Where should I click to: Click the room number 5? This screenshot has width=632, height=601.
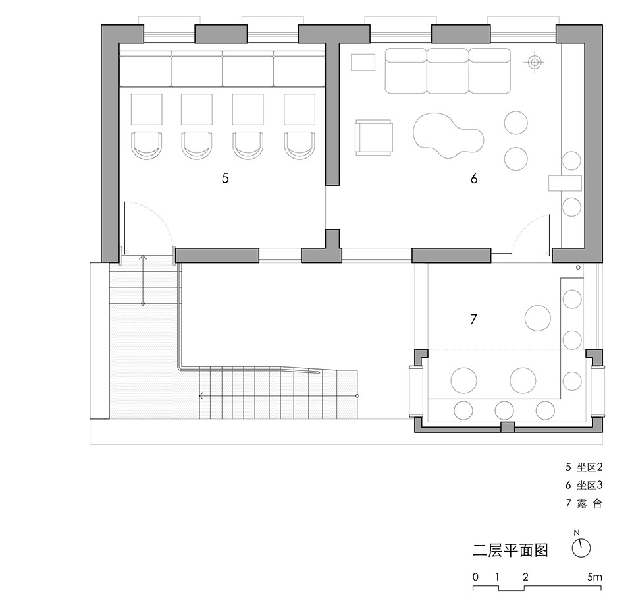[x=225, y=178]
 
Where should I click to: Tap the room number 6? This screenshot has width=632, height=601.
[x=474, y=178]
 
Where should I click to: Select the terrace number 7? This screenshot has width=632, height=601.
[x=473, y=320]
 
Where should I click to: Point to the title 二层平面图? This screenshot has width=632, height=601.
[x=510, y=550]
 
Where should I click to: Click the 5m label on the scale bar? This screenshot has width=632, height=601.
[x=594, y=577]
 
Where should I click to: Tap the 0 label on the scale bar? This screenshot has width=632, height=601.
[x=475, y=577]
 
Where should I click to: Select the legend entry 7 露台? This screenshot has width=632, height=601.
[x=584, y=503]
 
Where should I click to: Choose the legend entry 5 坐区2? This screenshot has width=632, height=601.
[x=584, y=467]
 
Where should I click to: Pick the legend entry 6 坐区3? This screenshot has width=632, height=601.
[x=584, y=485]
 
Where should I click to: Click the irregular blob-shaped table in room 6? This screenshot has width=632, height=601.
[x=448, y=135]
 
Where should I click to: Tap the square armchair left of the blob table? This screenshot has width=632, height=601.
[x=374, y=137]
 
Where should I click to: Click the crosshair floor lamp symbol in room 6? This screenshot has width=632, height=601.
[x=535, y=62]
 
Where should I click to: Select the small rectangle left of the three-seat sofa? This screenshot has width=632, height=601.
[x=363, y=62]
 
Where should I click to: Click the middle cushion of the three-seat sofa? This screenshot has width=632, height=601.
[x=448, y=71]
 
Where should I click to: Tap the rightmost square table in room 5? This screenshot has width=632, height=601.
[x=300, y=109]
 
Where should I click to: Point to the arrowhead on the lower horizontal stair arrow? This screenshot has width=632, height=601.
[x=201, y=396]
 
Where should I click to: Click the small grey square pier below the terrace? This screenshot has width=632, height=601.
[x=508, y=427]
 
